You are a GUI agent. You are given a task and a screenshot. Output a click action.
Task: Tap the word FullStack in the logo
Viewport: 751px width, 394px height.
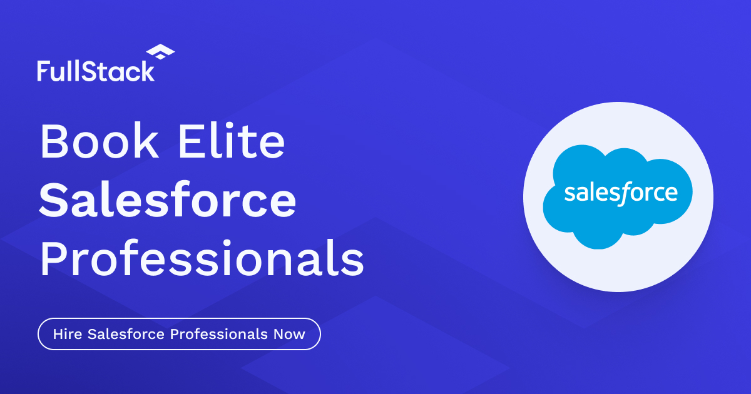coord(95,71)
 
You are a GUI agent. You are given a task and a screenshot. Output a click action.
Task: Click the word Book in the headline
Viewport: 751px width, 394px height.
coord(99,141)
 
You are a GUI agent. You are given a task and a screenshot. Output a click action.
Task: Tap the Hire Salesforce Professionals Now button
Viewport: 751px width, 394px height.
coord(179,334)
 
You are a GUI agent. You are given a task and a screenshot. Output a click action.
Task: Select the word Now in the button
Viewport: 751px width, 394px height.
coord(289,334)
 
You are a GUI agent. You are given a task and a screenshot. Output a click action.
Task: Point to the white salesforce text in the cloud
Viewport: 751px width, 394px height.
coord(620,193)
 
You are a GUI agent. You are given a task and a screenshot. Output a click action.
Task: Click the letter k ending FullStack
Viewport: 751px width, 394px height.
coord(147,71)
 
